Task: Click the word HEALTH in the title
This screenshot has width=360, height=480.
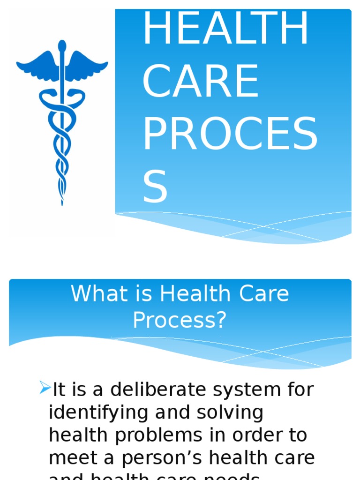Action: (225, 29)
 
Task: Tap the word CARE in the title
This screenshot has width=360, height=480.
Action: (200, 82)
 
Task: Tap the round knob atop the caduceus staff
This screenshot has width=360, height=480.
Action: (62, 45)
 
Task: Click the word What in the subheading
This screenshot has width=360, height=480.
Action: (92, 294)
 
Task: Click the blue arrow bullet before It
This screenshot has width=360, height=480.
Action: (45, 388)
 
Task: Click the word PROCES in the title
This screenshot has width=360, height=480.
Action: (230, 134)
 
